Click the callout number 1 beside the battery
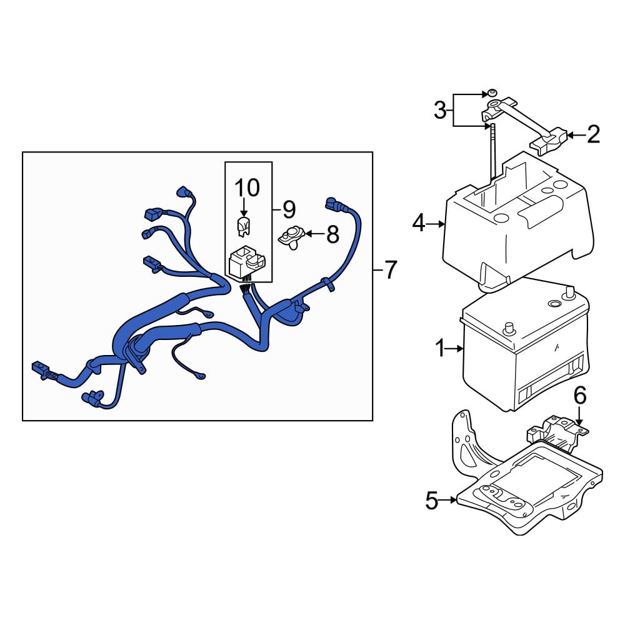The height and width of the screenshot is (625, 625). coord(439,349)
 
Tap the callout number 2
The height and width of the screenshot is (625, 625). coord(594,135)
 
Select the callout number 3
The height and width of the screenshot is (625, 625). coord(440,110)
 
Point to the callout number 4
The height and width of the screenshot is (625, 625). coord(419,223)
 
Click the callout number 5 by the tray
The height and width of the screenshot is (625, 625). coord(432,500)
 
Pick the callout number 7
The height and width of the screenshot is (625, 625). coord(391,270)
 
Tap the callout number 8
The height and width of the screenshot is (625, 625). coord(333,234)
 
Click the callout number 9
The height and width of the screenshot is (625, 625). coord(289,209)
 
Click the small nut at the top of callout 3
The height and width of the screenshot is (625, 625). coord(491,93)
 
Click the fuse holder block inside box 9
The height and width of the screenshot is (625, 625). coord(246,262)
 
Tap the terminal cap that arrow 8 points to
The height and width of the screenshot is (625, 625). coord(292,237)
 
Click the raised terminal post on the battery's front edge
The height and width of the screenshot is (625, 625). coord(509,329)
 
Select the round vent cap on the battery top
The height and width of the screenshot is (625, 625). coord(554,304)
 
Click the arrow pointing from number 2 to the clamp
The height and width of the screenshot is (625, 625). coord(577,136)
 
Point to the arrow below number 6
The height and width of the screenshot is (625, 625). coord(579,416)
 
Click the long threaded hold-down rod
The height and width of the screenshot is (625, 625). coord(492,154)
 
